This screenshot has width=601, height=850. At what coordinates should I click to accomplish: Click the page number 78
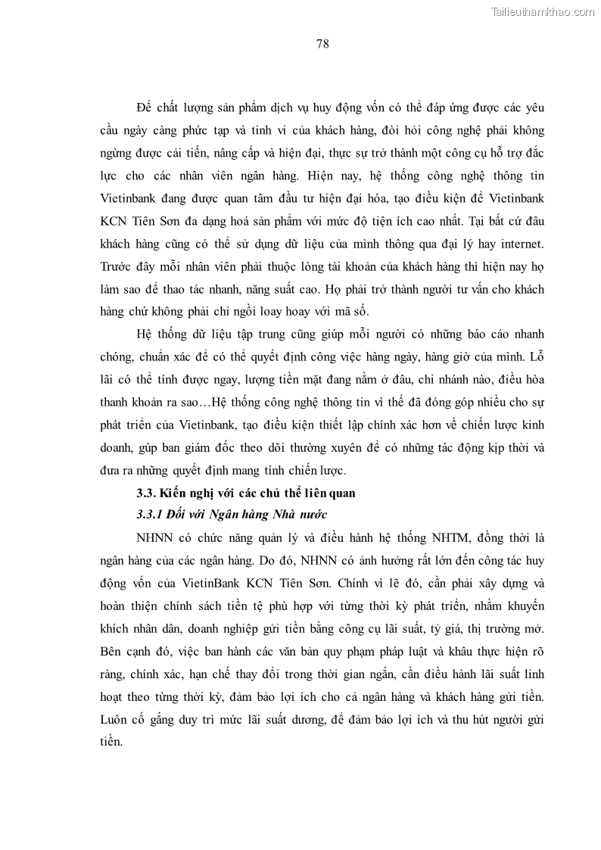click(x=322, y=43)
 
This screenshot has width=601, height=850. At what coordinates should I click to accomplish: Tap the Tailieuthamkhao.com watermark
click(x=543, y=11)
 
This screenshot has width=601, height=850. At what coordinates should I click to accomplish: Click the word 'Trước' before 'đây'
click(x=117, y=269)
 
